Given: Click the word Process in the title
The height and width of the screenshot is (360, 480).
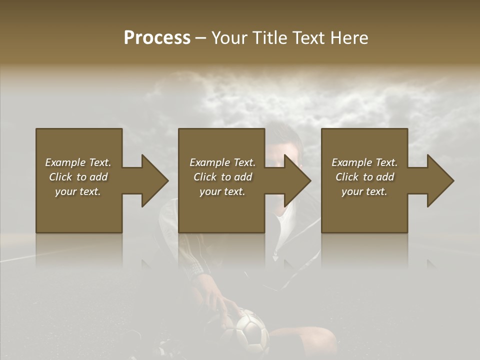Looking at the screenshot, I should (157, 38).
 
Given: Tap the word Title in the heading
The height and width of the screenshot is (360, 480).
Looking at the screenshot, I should (267, 38).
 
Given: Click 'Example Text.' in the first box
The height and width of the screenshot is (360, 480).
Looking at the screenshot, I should (78, 162).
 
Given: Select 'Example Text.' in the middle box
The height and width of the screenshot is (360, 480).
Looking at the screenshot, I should (222, 162).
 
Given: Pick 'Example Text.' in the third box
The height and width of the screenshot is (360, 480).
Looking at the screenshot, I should (364, 162).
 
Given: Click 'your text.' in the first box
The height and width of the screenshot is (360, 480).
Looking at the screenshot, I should (78, 191).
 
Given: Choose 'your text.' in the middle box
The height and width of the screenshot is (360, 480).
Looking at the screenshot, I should (222, 191).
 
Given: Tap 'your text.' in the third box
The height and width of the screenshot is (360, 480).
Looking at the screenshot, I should (364, 191).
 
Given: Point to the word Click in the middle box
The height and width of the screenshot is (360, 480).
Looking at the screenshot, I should (205, 177).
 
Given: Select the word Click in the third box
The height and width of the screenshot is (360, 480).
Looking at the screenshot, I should (347, 177).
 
